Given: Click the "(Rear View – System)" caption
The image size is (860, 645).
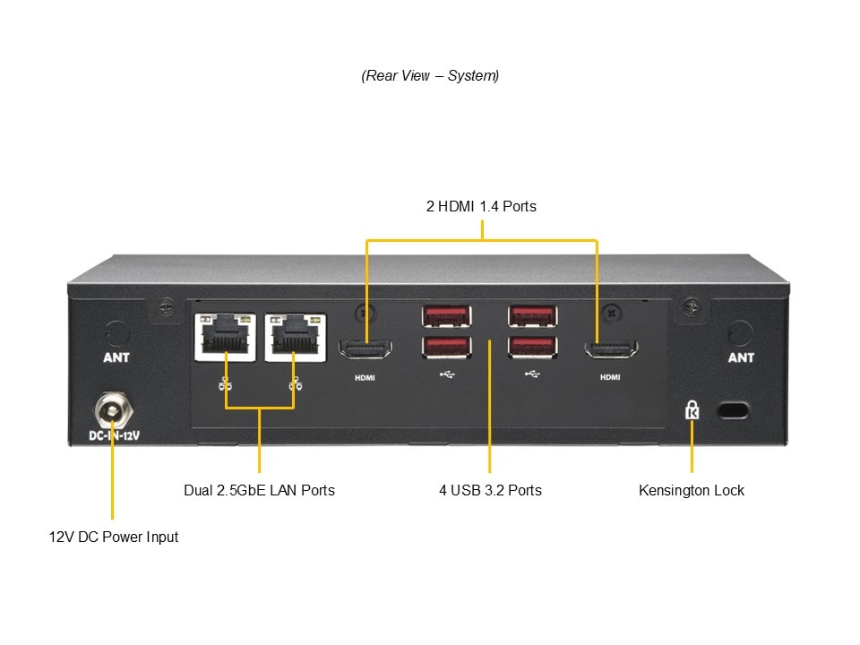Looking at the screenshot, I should click(430, 76).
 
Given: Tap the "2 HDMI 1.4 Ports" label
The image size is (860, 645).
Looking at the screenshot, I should click(481, 207).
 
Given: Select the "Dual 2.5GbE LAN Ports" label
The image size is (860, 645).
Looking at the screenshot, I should click(259, 490).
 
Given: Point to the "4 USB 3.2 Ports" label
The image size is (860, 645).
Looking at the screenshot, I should click(490, 490).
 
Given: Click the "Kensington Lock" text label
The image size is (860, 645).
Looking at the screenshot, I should click(692, 490).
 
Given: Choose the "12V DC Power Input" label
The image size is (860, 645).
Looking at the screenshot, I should click(114, 537).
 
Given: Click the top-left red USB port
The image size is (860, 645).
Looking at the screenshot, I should click(446, 315).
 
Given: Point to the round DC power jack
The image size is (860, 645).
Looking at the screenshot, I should click(113, 411).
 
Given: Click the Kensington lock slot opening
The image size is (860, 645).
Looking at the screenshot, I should click(735, 410).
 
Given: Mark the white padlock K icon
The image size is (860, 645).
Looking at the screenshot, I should click(692, 410).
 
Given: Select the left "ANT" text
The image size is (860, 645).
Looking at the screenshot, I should click(116, 357).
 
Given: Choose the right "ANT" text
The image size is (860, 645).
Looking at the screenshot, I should click(741, 357).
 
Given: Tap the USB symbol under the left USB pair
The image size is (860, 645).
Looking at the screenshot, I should click(447, 374).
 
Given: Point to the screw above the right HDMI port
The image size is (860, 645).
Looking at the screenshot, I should click(611, 314).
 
